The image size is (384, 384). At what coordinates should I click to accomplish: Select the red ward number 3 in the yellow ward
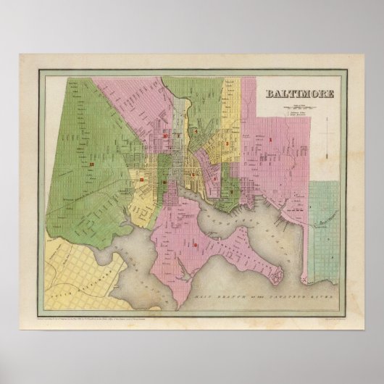pyautogui.click(x=228, y=144)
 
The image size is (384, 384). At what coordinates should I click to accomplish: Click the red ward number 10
pyautogui.click(x=165, y=135)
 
